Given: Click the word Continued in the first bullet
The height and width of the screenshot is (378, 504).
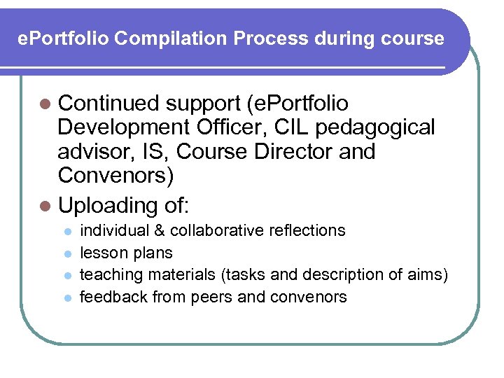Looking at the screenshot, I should (x=110, y=104).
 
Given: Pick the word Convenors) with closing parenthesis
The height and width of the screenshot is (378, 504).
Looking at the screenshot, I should (x=116, y=175).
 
